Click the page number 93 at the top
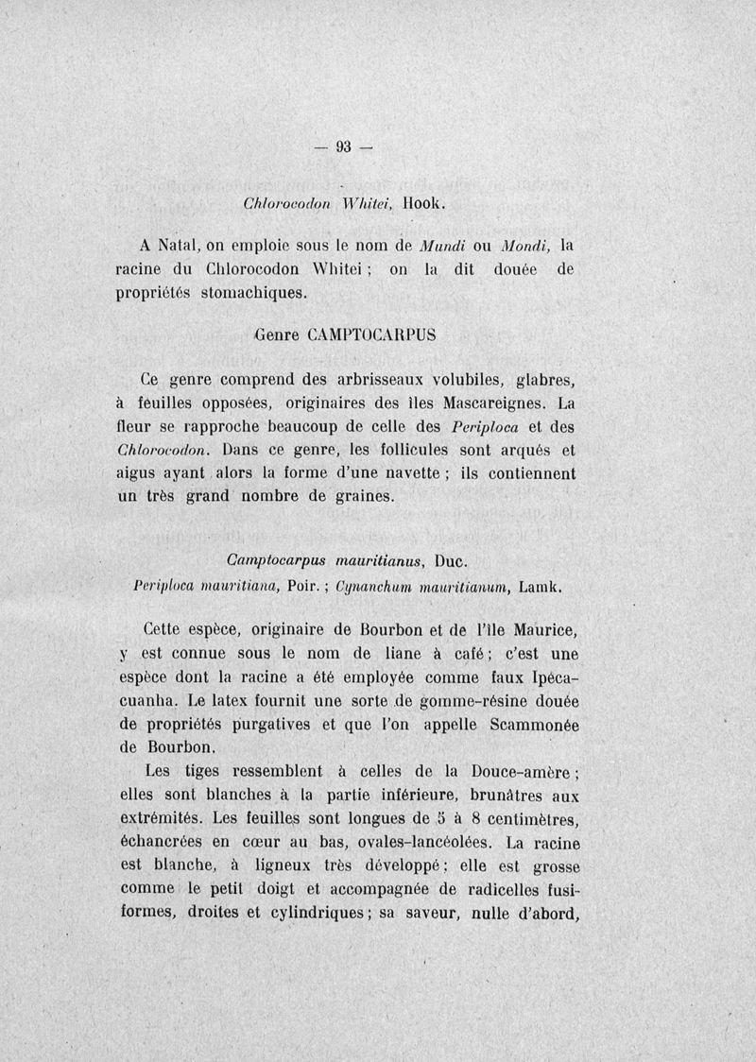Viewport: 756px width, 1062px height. pyautogui.click(x=342, y=146)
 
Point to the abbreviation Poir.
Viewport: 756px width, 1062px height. pyautogui.click(x=283, y=587)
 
